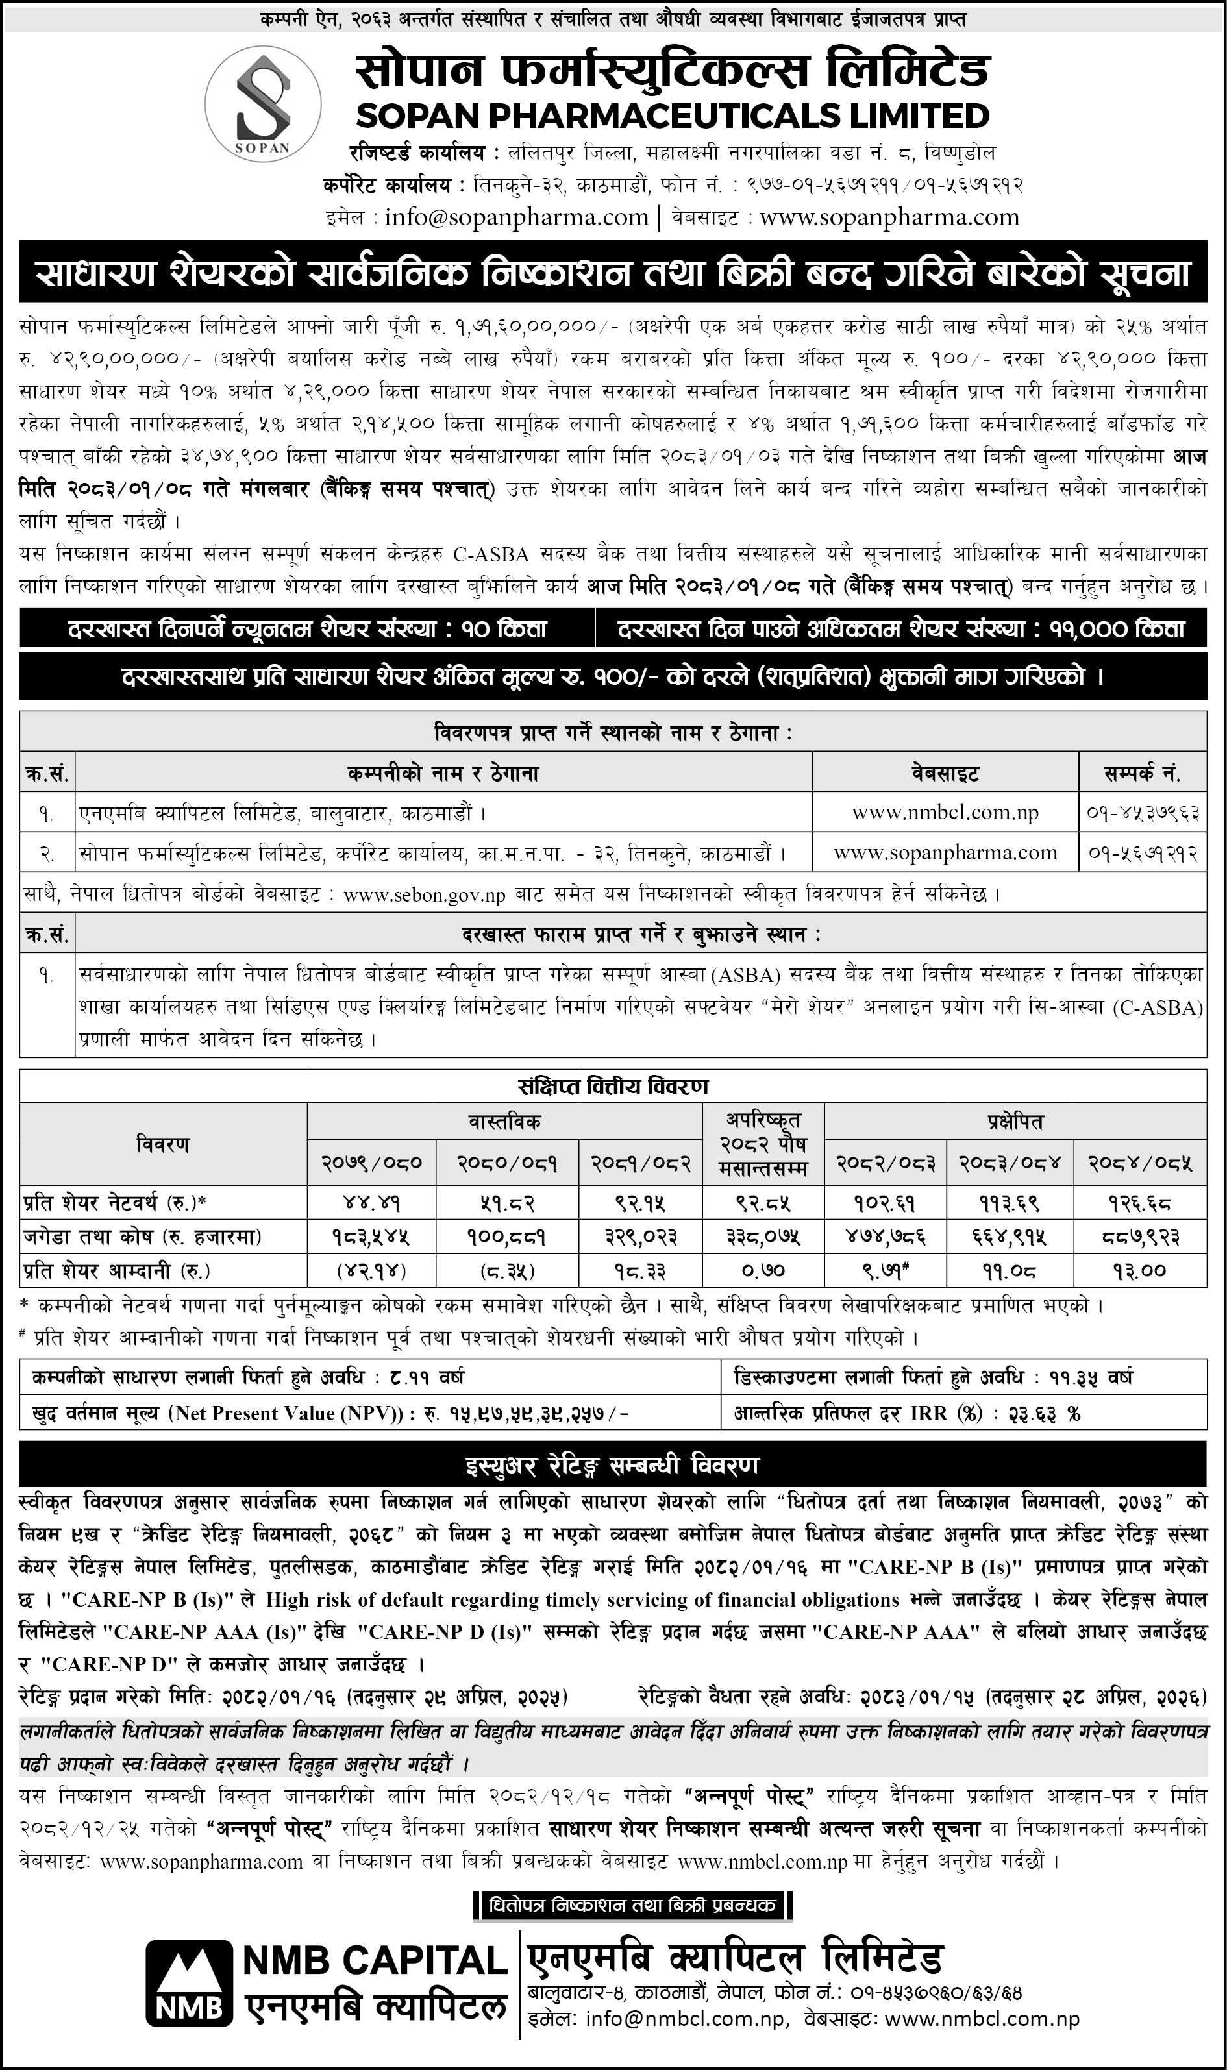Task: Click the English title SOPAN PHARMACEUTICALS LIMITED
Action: coord(672,115)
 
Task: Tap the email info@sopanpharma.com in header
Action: coord(516,217)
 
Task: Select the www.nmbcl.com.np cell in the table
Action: coord(945,813)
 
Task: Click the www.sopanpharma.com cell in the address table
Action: coord(945,852)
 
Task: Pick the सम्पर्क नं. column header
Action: coord(1142,774)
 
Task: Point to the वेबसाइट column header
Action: coord(945,774)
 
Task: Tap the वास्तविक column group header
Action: coord(504,1122)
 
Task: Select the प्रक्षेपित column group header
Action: coord(1015,1122)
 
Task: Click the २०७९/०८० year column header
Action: coord(372,1163)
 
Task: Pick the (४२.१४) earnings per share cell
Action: coord(372,1270)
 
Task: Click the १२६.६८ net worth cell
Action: coord(1139,1202)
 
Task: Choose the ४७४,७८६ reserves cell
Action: coord(886,1237)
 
